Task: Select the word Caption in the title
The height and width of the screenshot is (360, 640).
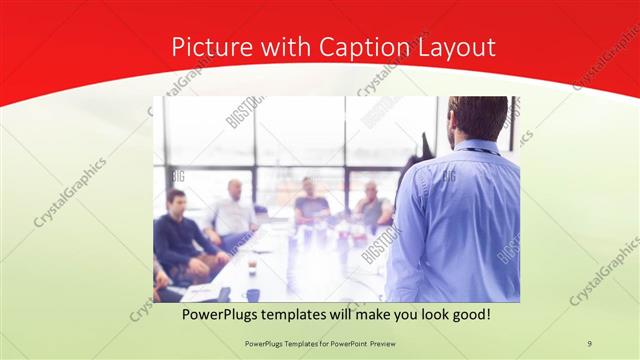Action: (360, 47)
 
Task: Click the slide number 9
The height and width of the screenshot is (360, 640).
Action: (589, 343)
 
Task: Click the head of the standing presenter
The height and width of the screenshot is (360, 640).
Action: (477, 118)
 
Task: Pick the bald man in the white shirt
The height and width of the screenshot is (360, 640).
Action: (235, 210)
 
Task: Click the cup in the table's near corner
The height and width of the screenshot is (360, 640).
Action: (252, 294)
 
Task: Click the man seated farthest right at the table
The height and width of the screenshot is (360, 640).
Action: (374, 206)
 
